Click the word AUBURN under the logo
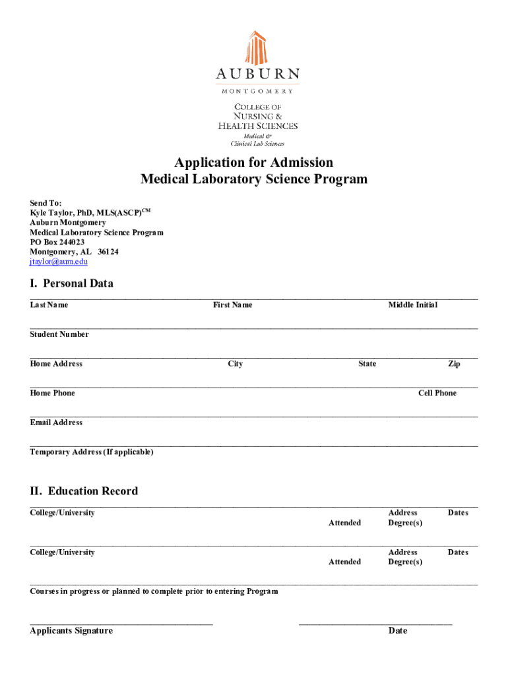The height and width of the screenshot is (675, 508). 257,74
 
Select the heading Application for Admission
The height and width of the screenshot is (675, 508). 254,162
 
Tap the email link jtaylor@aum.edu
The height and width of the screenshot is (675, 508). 59,262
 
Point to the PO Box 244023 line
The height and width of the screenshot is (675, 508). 57,242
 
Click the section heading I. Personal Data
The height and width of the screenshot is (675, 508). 71,283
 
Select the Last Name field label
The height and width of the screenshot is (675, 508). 49,305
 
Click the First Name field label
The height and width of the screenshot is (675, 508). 232,305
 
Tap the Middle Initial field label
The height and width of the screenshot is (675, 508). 412,305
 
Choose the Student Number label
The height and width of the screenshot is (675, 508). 59,334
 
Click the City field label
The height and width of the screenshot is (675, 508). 236,364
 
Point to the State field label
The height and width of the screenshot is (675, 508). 367,364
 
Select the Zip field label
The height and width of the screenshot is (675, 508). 454,364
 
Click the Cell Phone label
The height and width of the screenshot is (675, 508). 437,393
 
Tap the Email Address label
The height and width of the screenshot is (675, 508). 56,423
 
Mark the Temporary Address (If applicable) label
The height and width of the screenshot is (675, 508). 92,452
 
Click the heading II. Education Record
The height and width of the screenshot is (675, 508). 84,491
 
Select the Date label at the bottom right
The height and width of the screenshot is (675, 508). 398,631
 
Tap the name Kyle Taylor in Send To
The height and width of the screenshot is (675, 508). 51,213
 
